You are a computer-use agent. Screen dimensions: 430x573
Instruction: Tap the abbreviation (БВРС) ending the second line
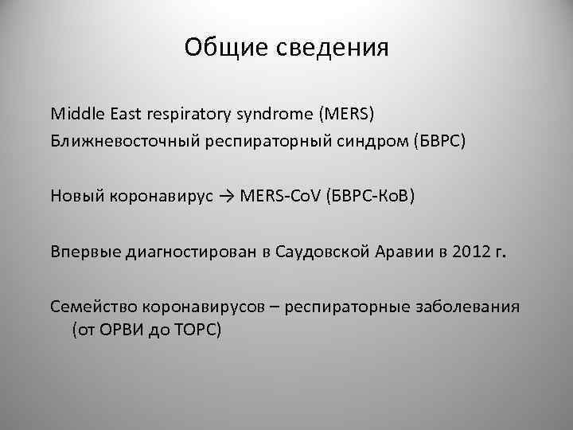coord(411,142)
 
